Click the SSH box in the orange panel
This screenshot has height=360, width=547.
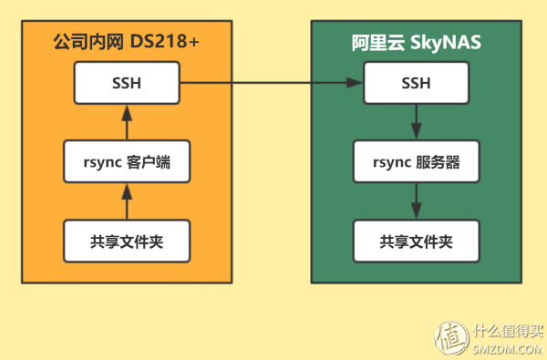coord(127,85)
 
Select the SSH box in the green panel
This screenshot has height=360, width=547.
coord(417,85)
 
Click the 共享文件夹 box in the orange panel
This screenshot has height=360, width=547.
coord(127,241)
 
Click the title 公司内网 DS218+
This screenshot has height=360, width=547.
coord(127,44)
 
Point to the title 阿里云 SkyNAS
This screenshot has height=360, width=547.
coord(417,44)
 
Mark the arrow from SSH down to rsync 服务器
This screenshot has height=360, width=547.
coord(417,122)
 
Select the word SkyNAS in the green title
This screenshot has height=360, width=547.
coord(449,44)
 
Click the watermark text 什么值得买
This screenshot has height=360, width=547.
coord(507,330)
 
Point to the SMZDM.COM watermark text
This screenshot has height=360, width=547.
coord(507,348)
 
